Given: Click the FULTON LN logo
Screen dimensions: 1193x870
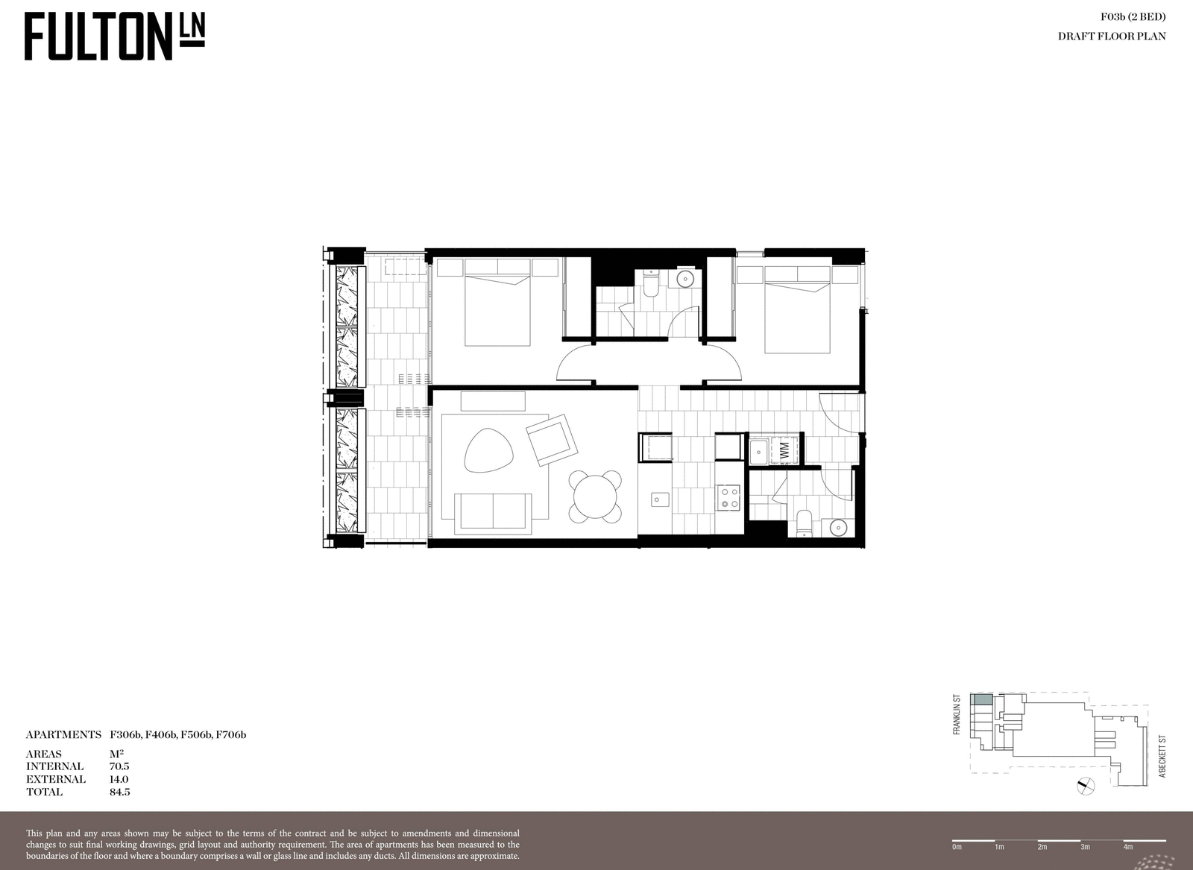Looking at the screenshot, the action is pos(115,37).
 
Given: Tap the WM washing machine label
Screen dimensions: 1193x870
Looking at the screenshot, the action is pos(784,450).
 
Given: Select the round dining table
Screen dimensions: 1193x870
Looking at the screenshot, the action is pos(595,497).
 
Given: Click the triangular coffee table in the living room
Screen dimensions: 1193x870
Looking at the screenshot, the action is pos(488,450).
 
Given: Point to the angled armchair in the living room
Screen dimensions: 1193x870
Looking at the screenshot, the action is pos(552,441).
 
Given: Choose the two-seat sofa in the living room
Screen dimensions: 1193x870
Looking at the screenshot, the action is pos(493,514).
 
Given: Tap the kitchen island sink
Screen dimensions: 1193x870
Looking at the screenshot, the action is pos(660,499).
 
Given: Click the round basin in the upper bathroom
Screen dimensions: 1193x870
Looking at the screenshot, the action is pos(684,279).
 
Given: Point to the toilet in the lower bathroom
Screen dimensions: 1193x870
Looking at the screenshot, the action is pos(804,523).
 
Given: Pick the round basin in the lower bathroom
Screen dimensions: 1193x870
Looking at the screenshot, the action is pos(838,528).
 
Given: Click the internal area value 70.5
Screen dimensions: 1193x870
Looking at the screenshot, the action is pos(119,766).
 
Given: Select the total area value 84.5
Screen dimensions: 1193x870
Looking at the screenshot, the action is pos(120,792).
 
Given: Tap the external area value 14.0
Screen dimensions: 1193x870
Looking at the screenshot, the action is pos(119,779).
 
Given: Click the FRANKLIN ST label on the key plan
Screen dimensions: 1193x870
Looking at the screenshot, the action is pos(957,714).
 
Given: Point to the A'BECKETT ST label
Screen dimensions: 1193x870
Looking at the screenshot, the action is pos(1162,757).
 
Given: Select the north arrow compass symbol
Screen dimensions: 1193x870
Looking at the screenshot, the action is pos(1086,786).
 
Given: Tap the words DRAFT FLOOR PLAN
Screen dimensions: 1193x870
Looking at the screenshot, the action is pos(1112,37).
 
